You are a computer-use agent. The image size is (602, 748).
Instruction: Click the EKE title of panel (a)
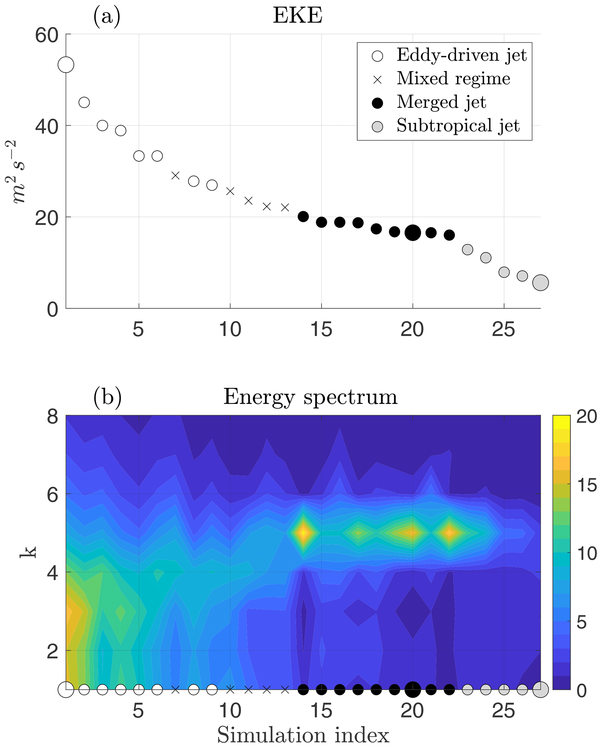pyautogui.click(x=297, y=16)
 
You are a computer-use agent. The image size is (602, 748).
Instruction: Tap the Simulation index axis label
pyautogui.click(x=303, y=735)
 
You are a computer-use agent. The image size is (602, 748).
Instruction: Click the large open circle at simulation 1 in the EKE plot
pyautogui.click(x=66, y=65)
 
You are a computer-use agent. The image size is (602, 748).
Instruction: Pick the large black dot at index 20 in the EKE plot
pyautogui.click(x=413, y=232)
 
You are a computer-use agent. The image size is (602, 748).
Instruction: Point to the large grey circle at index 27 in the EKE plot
pyautogui.click(x=540, y=283)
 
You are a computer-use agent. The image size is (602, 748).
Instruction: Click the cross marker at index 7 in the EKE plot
pyautogui.click(x=176, y=176)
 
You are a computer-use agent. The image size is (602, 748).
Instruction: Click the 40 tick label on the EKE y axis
pyautogui.click(x=47, y=126)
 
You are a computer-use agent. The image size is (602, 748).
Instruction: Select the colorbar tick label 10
pyautogui.click(x=586, y=554)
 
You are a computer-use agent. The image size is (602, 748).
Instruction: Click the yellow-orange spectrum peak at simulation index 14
pyautogui.click(x=303, y=532)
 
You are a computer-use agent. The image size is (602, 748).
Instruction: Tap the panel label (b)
pyautogui.click(x=107, y=398)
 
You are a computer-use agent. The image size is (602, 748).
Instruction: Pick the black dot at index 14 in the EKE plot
pyautogui.click(x=303, y=216)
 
